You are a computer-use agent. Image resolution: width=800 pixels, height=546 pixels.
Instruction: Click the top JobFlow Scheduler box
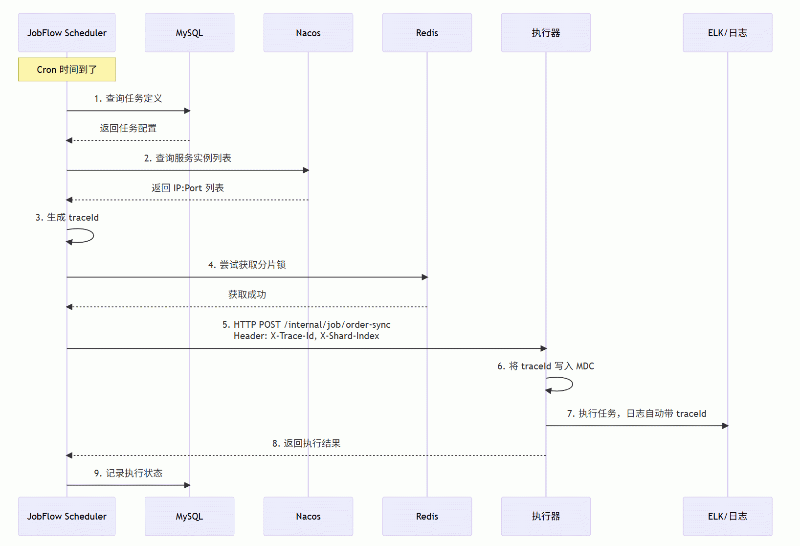tap(67, 33)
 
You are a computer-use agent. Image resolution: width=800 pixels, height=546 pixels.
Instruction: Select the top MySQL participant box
tap(189, 33)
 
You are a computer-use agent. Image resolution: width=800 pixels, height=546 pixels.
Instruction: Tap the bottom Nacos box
tap(308, 516)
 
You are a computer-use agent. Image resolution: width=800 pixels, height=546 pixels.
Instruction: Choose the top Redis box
tap(427, 33)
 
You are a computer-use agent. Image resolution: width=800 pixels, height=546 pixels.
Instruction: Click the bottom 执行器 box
tap(546, 516)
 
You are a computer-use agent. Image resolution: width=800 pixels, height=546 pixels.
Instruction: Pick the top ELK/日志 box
tap(728, 33)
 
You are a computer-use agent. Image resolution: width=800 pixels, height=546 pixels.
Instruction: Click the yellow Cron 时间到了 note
tap(67, 69)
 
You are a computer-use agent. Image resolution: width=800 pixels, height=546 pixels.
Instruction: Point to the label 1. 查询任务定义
tap(128, 98)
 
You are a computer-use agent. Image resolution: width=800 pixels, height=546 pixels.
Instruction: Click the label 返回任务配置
tap(128, 128)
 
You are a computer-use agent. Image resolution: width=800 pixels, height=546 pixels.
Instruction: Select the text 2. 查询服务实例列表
tap(187, 158)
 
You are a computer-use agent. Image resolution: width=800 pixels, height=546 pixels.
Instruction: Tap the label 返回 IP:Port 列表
tap(187, 187)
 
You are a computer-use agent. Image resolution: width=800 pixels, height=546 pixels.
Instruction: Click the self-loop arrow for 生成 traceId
tap(93, 236)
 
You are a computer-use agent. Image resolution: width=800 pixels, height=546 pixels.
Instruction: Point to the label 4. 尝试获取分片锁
tap(247, 265)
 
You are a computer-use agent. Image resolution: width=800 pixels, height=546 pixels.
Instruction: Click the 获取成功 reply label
tap(247, 295)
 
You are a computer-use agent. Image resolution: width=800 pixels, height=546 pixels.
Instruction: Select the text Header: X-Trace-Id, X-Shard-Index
tap(307, 336)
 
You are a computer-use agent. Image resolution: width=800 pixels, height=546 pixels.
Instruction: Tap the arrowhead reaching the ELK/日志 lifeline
tap(725, 426)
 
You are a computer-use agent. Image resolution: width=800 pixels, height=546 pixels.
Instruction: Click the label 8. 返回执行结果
tap(307, 443)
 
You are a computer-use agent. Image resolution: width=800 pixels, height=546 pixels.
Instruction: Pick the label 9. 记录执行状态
tap(128, 473)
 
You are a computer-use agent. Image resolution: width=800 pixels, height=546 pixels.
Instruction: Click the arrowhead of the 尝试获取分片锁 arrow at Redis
tap(424, 277)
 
